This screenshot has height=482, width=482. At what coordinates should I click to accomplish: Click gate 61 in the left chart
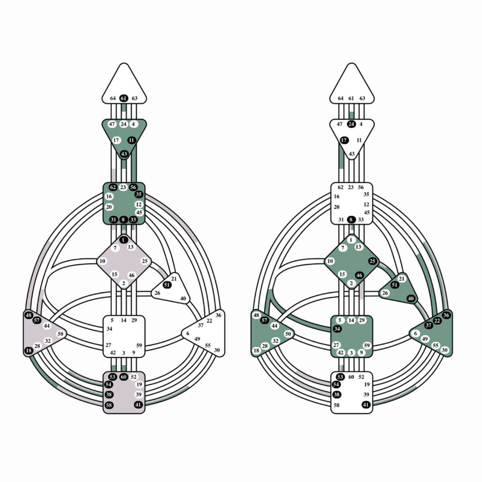coord(124,98)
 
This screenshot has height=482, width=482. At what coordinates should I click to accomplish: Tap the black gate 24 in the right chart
coord(351,124)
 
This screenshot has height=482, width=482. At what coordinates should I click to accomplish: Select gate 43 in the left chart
coord(124,154)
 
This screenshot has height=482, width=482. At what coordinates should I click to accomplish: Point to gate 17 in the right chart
coord(344,140)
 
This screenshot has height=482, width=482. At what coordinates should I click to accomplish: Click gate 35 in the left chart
coord(139,194)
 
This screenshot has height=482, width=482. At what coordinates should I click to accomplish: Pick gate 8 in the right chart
coord(351,220)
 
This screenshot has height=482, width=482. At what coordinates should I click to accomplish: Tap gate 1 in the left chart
coord(123,240)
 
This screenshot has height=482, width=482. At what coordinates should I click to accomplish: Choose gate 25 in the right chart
coord(372,261)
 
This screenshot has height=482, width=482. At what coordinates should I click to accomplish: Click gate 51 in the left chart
coord(167,285)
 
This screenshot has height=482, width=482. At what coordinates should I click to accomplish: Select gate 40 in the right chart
coord(411,298)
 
